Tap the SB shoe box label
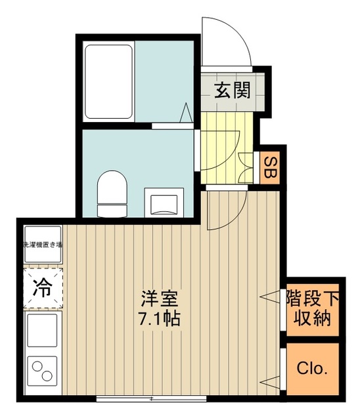tap(269, 168)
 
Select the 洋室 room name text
tap(159, 298)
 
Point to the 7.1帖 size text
tap(159, 320)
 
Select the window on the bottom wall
tap(152, 398)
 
